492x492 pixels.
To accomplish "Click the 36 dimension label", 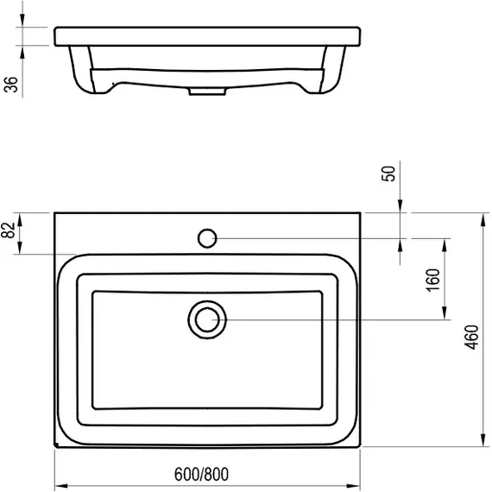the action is click(11, 85).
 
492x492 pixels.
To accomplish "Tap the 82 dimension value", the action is click(8, 230).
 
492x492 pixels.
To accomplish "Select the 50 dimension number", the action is click(388, 173).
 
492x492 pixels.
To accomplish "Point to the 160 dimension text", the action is click(433, 281).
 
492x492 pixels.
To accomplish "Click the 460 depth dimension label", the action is click(471, 337).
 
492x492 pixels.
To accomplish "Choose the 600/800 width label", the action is click(201, 474).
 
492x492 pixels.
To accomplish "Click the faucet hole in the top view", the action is click(207, 238).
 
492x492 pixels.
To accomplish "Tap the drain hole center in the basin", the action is click(207, 319).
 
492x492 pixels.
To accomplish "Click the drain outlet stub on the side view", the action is click(207, 91).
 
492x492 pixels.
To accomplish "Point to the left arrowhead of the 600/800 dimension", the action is click(61, 486).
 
